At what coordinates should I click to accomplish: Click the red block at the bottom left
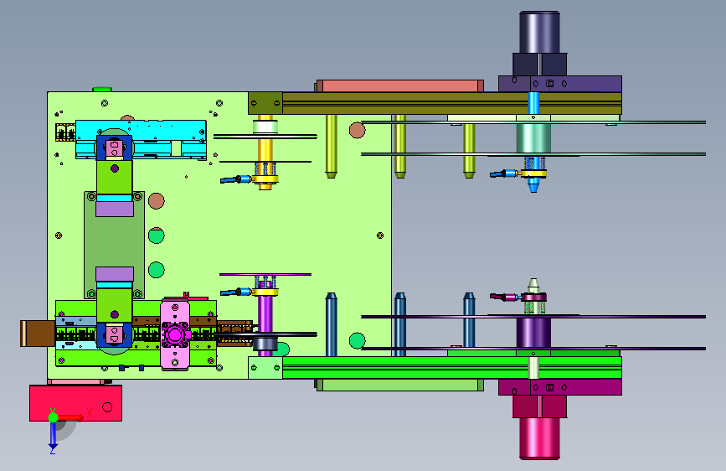click(x=76, y=403)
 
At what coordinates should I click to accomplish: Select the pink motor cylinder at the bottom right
click(x=539, y=438)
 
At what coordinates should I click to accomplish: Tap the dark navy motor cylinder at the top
click(x=539, y=33)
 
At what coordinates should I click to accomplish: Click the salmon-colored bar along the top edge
click(x=400, y=85)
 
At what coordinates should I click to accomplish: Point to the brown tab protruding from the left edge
click(x=38, y=334)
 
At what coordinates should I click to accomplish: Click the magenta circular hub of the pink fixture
click(x=174, y=334)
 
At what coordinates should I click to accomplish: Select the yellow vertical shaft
click(x=265, y=153)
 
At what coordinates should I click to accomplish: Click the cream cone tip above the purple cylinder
click(x=533, y=285)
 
